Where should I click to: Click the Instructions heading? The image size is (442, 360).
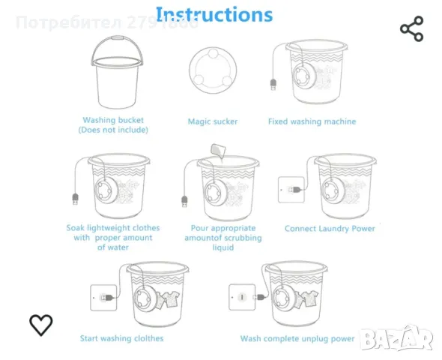click(x=214, y=15)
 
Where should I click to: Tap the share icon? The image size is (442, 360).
click(x=412, y=28)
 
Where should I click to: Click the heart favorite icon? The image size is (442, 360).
click(x=41, y=325)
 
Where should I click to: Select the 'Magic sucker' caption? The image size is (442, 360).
click(x=213, y=121)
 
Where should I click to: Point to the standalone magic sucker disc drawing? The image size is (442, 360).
click(x=213, y=70)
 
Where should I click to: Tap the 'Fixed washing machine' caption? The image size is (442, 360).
click(x=312, y=121)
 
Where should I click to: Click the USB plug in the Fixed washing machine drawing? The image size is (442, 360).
click(x=273, y=85)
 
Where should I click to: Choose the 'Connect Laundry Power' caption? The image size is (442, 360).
click(x=330, y=229)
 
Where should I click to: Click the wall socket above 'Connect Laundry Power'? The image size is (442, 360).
click(x=291, y=190)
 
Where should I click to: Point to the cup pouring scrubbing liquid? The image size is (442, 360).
click(x=218, y=151)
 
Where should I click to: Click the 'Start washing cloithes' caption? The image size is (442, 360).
click(x=122, y=338)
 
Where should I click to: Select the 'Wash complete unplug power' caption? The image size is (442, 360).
click(x=297, y=338)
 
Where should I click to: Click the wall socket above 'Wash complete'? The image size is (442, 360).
click(x=242, y=297)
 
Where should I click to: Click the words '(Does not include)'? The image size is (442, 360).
click(x=113, y=130)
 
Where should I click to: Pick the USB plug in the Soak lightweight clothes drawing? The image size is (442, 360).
click(x=75, y=199)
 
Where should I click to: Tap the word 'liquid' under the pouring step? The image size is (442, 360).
click(x=223, y=247)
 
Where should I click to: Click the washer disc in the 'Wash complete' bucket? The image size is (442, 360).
click(x=284, y=297)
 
